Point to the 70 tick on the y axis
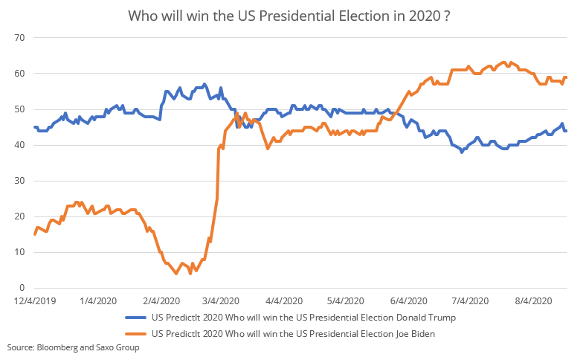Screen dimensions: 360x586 (20, 38)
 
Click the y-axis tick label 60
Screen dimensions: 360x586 (20, 74)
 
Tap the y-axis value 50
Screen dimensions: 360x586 (20, 109)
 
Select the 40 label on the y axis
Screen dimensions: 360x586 (20, 145)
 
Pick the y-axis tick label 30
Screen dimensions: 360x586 (20, 181)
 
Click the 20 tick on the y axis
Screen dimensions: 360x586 (20, 216)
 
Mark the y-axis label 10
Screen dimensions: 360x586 (20, 252)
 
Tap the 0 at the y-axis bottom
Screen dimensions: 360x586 (23, 288)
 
